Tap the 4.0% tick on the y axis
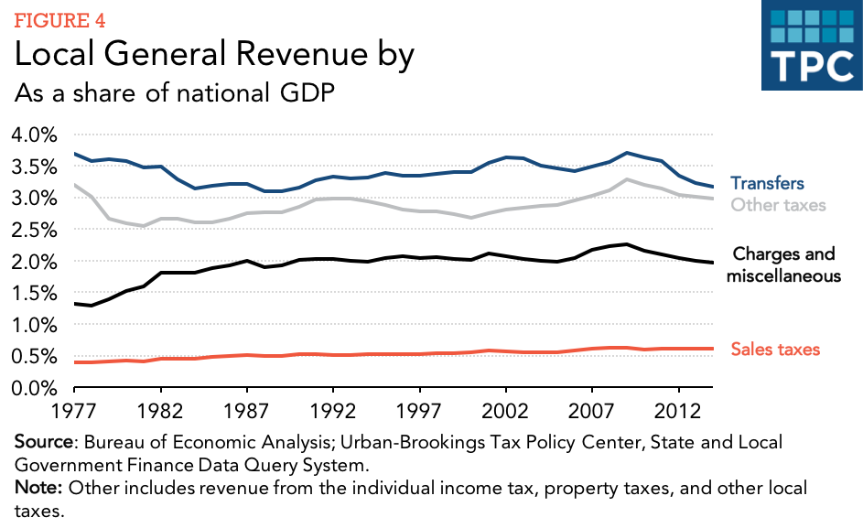[34, 135]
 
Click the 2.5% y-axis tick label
[34, 230]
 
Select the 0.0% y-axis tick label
[34, 388]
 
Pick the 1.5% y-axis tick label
[34, 293]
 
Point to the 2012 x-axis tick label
[679, 408]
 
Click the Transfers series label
[767, 184]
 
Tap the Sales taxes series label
[775, 349]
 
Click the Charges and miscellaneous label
[785, 264]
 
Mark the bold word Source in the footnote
[43, 442]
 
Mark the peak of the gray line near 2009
[627, 179]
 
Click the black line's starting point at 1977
[75, 303]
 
